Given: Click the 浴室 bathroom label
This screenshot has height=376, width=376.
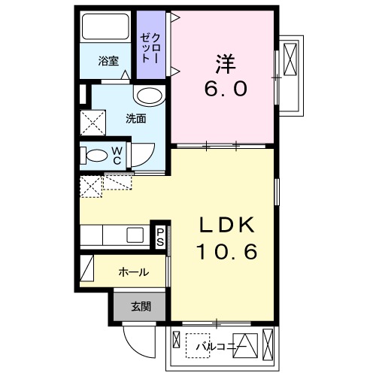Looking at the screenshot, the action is pos(108,61).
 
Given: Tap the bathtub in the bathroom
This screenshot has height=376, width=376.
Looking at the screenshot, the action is pos(105,26).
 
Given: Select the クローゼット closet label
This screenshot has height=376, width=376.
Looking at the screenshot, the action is pos(150,48).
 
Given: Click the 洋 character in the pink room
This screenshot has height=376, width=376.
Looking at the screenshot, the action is pos(225,64).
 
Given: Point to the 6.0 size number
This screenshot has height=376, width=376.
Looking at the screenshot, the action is pos(226,89).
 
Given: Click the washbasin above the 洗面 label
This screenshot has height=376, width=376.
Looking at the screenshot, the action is pos(149,97).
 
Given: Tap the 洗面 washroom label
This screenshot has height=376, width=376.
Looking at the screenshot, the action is pos(136,119).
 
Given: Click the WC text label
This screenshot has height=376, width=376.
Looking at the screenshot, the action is pos(117,156).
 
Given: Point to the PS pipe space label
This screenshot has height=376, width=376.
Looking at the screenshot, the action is pos(160,237).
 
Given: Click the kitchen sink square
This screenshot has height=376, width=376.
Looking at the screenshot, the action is pos(135,235).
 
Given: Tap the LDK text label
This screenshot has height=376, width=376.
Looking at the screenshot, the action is pos(227,225).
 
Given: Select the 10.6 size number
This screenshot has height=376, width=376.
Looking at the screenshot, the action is pos(227,251).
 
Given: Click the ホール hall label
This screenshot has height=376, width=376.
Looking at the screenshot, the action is pos(134,272).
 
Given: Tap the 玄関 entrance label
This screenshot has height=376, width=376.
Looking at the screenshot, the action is pos(141,306).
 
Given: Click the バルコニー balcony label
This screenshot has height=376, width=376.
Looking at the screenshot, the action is pos(221,347).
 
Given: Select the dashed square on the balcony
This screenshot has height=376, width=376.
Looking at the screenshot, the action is pos(198,345).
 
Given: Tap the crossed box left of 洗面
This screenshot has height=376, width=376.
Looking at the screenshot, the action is pos(92,123).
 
